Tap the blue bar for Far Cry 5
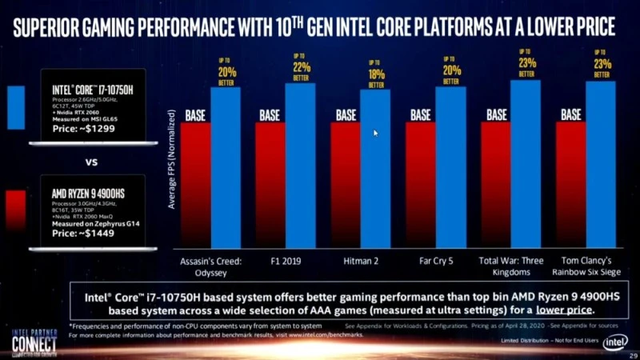[450, 167]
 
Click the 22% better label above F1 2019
[300, 66]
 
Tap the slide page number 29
[633, 354]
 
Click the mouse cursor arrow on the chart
[376, 133]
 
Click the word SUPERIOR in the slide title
[54, 27]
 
